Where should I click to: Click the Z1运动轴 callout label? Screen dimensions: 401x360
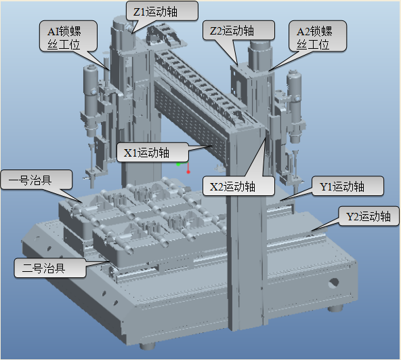click(x=162, y=11)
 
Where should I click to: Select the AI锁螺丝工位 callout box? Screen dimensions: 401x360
click(x=68, y=36)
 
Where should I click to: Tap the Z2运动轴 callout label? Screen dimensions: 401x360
click(x=238, y=31)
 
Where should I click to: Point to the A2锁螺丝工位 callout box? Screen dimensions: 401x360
click(x=318, y=36)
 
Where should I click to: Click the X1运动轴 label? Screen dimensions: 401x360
click(x=152, y=153)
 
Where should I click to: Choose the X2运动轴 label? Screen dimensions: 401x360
click(x=238, y=186)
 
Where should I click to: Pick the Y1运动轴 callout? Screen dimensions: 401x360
click(x=347, y=186)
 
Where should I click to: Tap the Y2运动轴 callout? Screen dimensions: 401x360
click(x=368, y=216)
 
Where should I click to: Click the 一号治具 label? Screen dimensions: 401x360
click(x=37, y=180)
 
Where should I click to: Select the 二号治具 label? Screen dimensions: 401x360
click(x=50, y=268)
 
